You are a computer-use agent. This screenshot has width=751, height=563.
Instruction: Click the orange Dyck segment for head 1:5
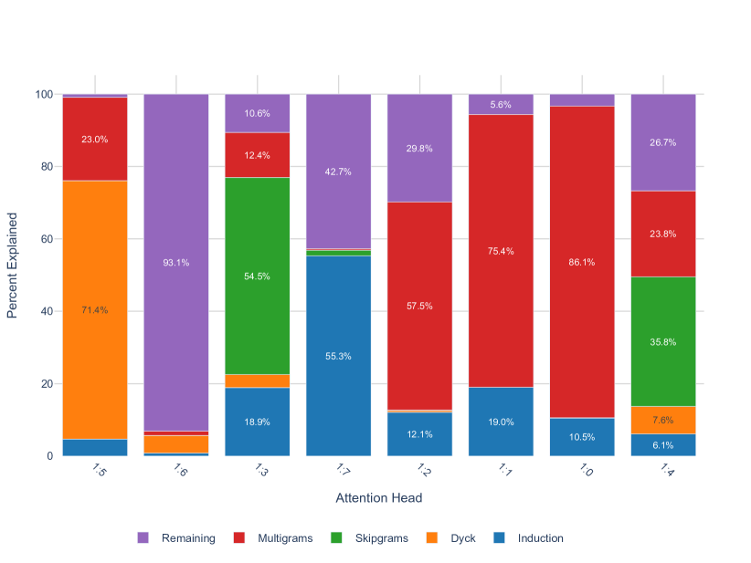(x=94, y=309)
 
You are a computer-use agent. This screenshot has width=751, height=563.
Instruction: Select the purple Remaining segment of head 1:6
(x=175, y=263)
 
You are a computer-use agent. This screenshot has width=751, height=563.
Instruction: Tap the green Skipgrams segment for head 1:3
(x=257, y=276)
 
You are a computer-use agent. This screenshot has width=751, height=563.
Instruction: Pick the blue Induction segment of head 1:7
(x=338, y=356)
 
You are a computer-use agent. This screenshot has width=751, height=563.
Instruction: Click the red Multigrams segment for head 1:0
(x=581, y=262)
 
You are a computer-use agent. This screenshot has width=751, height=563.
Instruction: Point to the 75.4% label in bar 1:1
(x=500, y=251)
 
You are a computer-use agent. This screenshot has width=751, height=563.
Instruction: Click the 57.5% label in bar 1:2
(x=418, y=306)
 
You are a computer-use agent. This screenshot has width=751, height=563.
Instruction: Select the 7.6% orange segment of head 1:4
(x=662, y=420)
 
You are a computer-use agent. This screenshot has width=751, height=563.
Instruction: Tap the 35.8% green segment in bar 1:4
(x=662, y=341)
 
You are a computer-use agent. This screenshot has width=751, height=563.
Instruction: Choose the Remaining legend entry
(x=187, y=538)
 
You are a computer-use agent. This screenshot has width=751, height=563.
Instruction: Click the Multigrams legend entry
(x=284, y=538)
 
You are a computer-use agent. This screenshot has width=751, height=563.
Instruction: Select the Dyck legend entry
(x=462, y=538)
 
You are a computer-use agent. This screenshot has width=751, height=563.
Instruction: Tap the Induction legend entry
(x=540, y=538)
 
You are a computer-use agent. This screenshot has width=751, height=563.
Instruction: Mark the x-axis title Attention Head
(x=378, y=498)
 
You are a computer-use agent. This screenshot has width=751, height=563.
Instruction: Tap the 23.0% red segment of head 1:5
(x=94, y=140)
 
